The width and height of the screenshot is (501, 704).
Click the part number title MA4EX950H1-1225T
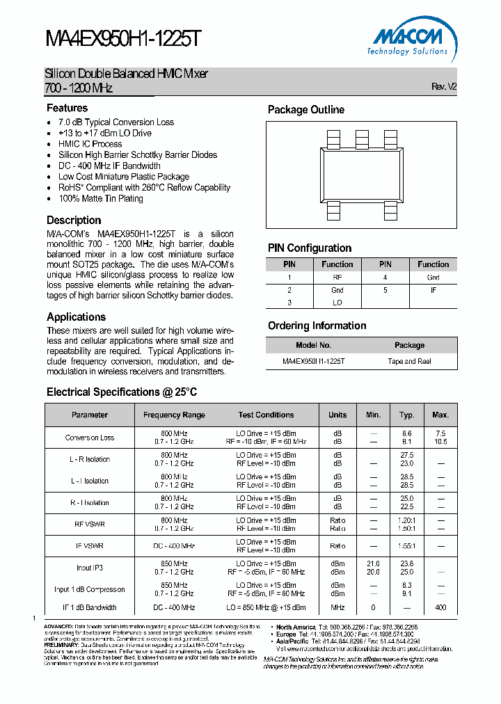pyautogui.click(x=123, y=40)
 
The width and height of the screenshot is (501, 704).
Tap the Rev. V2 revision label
pyautogui.click(x=443, y=87)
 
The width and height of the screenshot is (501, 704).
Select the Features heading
pyautogui.click(x=67, y=108)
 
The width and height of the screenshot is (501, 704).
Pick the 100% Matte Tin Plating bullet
pyautogui.click(x=101, y=199)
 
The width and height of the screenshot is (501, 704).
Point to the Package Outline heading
pyautogui.click(x=306, y=110)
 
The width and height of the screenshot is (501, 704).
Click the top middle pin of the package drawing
pyautogui.click(x=362, y=138)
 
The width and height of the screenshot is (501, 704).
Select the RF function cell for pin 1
pyautogui.click(x=337, y=278)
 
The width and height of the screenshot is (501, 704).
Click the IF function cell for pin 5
pyautogui.click(x=433, y=290)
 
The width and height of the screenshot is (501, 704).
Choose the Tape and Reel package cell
pyautogui.click(x=409, y=362)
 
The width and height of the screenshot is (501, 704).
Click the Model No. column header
pyautogui.click(x=314, y=345)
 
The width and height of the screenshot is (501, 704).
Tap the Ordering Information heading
pyautogui.click(x=317, y=326)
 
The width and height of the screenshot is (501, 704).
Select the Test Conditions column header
pyautogui.click(x=266, y=415)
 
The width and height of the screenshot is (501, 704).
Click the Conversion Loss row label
pyautogui.click(x=90, y=438)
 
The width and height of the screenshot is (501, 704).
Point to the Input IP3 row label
pyautogui.click(x=90, y=568)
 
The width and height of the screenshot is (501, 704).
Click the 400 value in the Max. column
pyautogui.click(x=440, y=607)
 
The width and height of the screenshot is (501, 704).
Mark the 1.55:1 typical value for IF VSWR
pyautogui.click(x=407, y=546)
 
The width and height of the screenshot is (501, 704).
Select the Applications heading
pyautogui.click(x=76, y=317)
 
